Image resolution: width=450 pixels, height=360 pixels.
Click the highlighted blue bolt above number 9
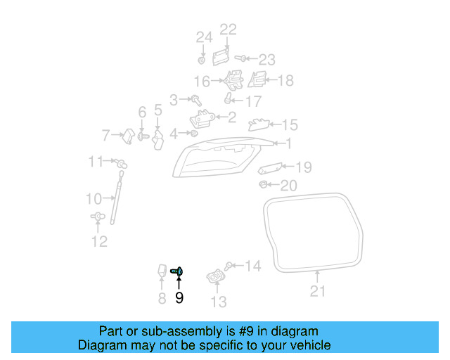176,271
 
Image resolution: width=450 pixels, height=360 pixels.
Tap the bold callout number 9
179,297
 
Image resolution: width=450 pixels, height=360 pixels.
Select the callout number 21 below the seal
318,291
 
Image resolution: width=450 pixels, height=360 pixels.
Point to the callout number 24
205,37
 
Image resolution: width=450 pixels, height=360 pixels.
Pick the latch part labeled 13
216,276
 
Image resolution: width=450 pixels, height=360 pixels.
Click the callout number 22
228,30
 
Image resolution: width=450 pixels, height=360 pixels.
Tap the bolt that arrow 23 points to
240,58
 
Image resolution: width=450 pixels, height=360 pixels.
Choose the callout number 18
285,80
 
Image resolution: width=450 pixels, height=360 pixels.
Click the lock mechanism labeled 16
233,80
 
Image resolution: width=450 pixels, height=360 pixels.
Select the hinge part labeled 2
202,118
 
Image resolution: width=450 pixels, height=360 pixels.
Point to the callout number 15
290,124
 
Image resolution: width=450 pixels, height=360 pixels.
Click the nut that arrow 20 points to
262,184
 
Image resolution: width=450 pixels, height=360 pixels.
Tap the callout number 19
304,167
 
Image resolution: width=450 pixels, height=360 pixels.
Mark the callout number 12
99,241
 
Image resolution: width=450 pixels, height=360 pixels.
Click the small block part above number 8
162,271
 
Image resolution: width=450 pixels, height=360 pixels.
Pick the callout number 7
106,135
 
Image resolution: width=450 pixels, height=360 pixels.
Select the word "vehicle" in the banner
312,345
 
